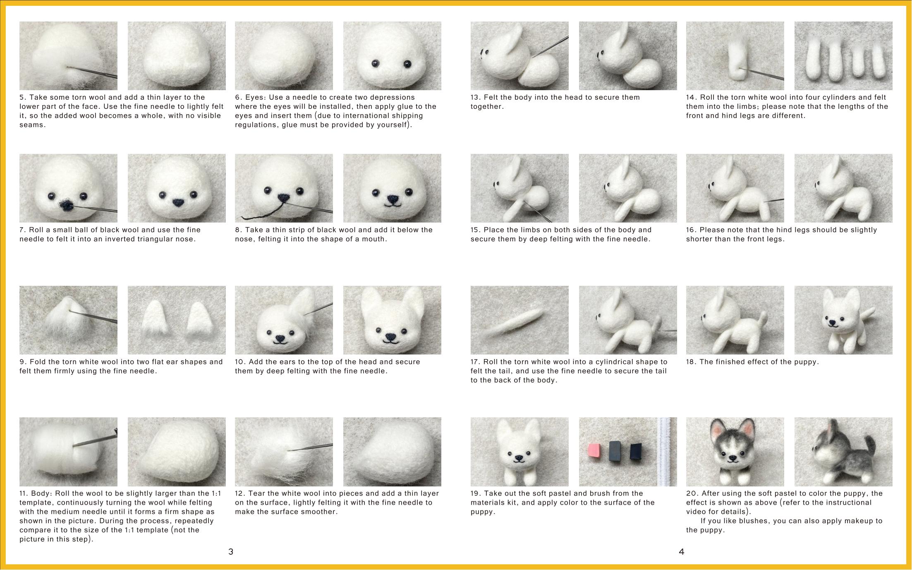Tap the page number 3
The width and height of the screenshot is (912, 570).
[231, 551]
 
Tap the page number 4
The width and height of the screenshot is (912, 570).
[682, 551]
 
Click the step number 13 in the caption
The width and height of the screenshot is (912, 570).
[475, 98]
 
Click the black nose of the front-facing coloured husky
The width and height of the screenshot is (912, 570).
[733, 458]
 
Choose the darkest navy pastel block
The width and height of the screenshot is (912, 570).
[635, 451]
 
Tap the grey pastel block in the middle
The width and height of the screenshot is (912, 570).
[615, 451]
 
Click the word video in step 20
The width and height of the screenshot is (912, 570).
[696, 512]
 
